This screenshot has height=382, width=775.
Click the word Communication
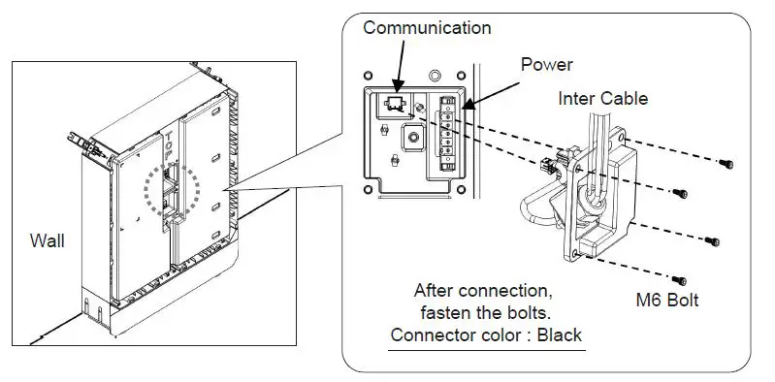coord(427,28)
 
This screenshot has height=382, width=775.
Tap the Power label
coord(547,65)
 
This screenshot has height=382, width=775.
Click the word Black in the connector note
coord(561,335)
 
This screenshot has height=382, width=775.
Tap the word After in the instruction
coord(434,290)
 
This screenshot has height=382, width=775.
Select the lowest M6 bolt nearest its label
coord(686,279)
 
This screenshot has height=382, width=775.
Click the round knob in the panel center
coord(415,138)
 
